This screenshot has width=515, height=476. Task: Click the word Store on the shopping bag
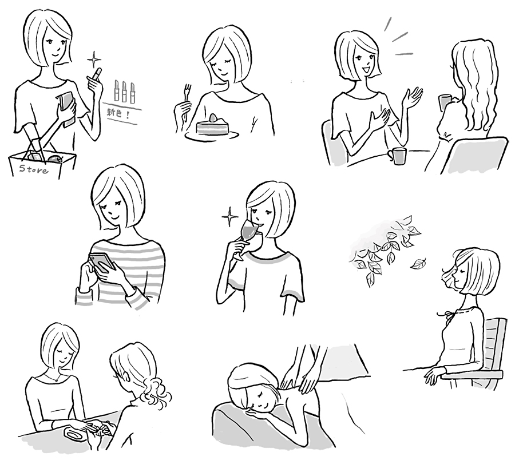[x=34, y=169]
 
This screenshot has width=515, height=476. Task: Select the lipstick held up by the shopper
[x=97, y=74]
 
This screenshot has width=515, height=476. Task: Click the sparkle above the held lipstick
[x=94, y=59]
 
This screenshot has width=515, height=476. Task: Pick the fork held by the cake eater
[x=187, y=98]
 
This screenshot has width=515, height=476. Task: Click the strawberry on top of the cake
[x=213, y=117]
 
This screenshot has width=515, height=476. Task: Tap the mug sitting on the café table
[x=397, y=156]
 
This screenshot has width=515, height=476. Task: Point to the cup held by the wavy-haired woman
[x=445, y=101]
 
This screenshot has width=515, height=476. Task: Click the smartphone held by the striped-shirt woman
[x=103, y=261]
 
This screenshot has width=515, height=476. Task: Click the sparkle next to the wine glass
[x=229, y=217]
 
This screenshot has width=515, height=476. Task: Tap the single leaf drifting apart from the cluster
[x=419, y=263]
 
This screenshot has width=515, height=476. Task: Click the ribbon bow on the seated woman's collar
[x=443, y=315]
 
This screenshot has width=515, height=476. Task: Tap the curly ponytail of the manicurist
[x=156, y=392]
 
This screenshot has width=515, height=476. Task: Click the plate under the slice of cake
[x=212, y=135]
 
